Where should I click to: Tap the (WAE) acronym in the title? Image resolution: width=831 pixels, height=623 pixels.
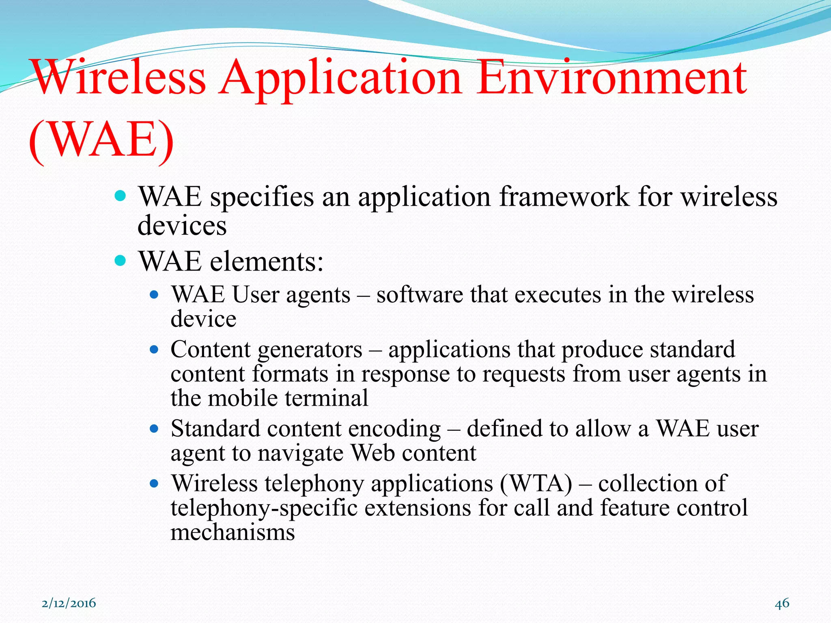point(101,140)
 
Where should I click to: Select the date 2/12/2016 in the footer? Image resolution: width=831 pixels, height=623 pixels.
point(69,603)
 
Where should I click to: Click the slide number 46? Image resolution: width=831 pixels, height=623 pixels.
point(782,603)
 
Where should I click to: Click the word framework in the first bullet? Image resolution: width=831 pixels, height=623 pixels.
point(564,197)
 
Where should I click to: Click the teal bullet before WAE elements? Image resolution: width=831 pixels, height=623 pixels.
point(121,260)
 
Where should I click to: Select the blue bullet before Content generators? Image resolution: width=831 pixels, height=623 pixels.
point(153,349)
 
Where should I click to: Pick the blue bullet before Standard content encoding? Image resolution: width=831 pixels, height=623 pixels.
point(153,428)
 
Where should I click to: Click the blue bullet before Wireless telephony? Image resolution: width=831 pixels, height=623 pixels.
point(153,483)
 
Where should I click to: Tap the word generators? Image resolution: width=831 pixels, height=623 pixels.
point(310,350)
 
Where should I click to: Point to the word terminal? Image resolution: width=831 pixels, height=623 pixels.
point(326,398)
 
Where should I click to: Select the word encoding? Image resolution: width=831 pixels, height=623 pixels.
point(394,429)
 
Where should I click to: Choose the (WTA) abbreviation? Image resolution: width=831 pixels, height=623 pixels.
point(536,483)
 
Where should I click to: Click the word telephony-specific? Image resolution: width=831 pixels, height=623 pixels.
point(264,508)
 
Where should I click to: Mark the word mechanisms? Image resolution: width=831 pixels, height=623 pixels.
point(233,532)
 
